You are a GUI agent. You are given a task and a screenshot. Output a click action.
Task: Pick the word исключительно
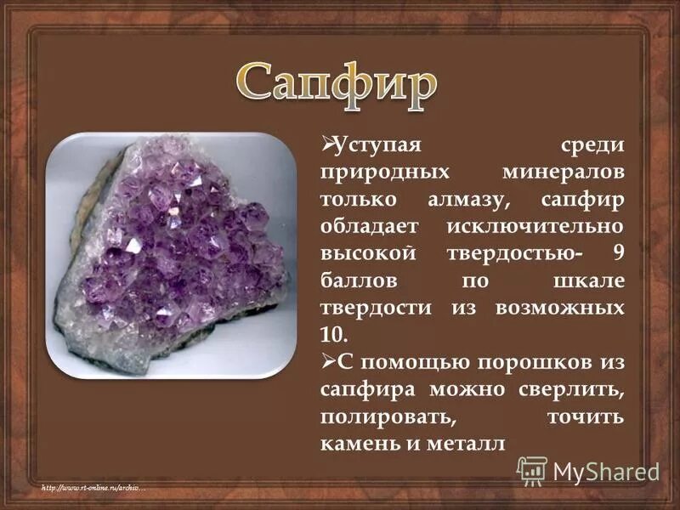click(534, 226)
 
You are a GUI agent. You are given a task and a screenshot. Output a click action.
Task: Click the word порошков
click(530, 363)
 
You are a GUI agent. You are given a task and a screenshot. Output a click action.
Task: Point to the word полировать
click(376, 417)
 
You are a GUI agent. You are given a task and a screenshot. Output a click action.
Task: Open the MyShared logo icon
click(532, 470)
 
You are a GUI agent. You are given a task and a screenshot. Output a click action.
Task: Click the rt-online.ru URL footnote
click(94, 487)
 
